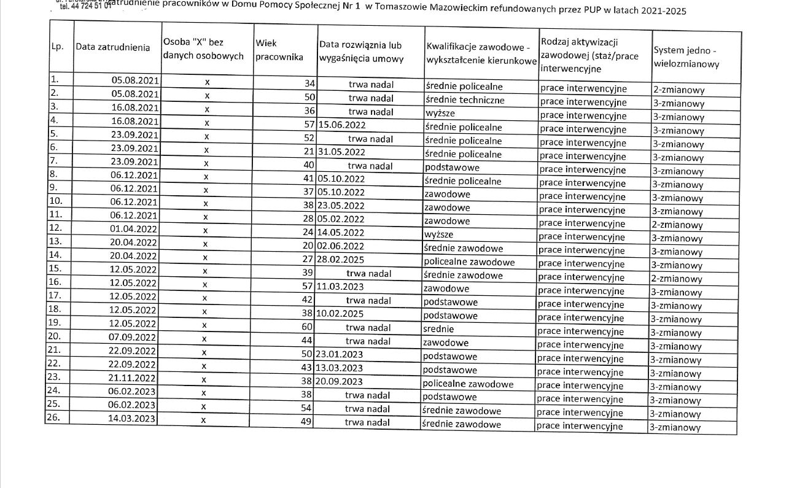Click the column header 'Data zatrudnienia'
(x=112, y=48)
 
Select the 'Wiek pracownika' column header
(x=279, y=50)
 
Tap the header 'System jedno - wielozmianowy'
(x=685, y=57)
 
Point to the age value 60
(x=308, y=327)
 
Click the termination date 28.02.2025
(x=341, y=260)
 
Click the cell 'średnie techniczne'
(x=464, y=100)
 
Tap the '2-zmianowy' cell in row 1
(x=678, y=90)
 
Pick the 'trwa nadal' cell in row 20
(x=368, y=341)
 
